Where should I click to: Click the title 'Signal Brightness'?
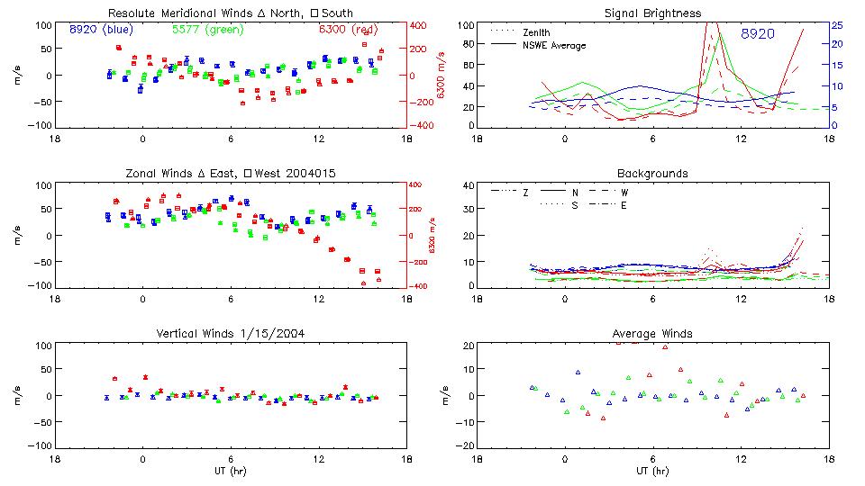[652, 13]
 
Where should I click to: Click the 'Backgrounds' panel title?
[652, 173]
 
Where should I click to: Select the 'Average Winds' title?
[652, 334]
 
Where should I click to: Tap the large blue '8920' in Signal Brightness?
[758, 34]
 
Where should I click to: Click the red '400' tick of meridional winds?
[418, 25]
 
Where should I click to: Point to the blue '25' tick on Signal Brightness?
[836, 25]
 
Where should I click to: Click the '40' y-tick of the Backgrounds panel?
[468, 186]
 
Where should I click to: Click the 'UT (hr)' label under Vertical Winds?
[232, 471]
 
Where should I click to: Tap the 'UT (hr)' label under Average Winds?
[652, 471]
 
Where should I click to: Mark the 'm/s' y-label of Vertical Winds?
[19, 396]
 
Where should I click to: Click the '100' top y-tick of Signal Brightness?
[465, 25]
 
